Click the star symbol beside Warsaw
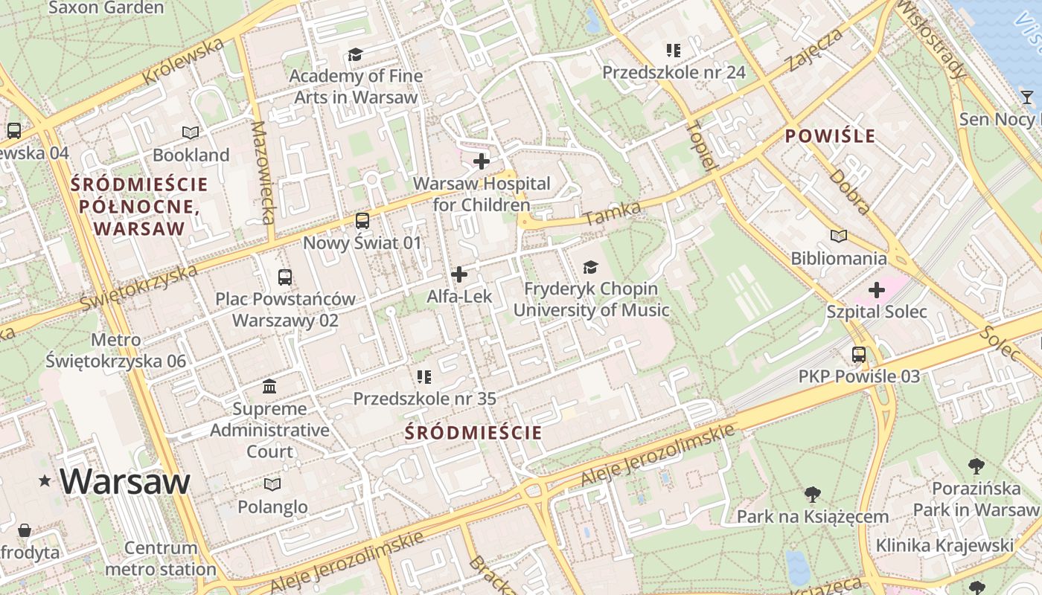(45, 482)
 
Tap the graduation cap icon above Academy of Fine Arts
(355, 54)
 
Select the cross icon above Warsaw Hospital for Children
(482, 161)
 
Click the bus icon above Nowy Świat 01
(362, 221)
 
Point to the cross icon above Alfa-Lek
(459, 274)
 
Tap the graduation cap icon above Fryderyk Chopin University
(590, 266)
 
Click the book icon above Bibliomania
(839, 237)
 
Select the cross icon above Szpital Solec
(876, 290)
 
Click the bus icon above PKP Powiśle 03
(859, 355)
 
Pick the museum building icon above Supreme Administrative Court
(269, 387)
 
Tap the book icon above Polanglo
(272, 485)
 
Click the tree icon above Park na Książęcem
(812, 494)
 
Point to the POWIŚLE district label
(829, 136)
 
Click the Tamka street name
(613, 214)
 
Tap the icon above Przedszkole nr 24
(674, 51)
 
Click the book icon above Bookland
(191, 133)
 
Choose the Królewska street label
(183, 62)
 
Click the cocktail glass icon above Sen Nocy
(1027, 97)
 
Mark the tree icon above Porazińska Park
(977, 466)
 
